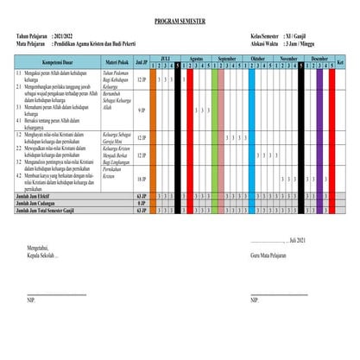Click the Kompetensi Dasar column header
pyautogui.click(x=49, y=63)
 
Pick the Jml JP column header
pyautogui.click(x=141, y=63)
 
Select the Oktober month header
pyautogui.click(x=258, y=59)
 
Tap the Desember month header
pyautogui.click(x=319, y=59)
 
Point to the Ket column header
pyautogui.click(x=340, y=63)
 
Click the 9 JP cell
pyautogui.click(x=141, y=111)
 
